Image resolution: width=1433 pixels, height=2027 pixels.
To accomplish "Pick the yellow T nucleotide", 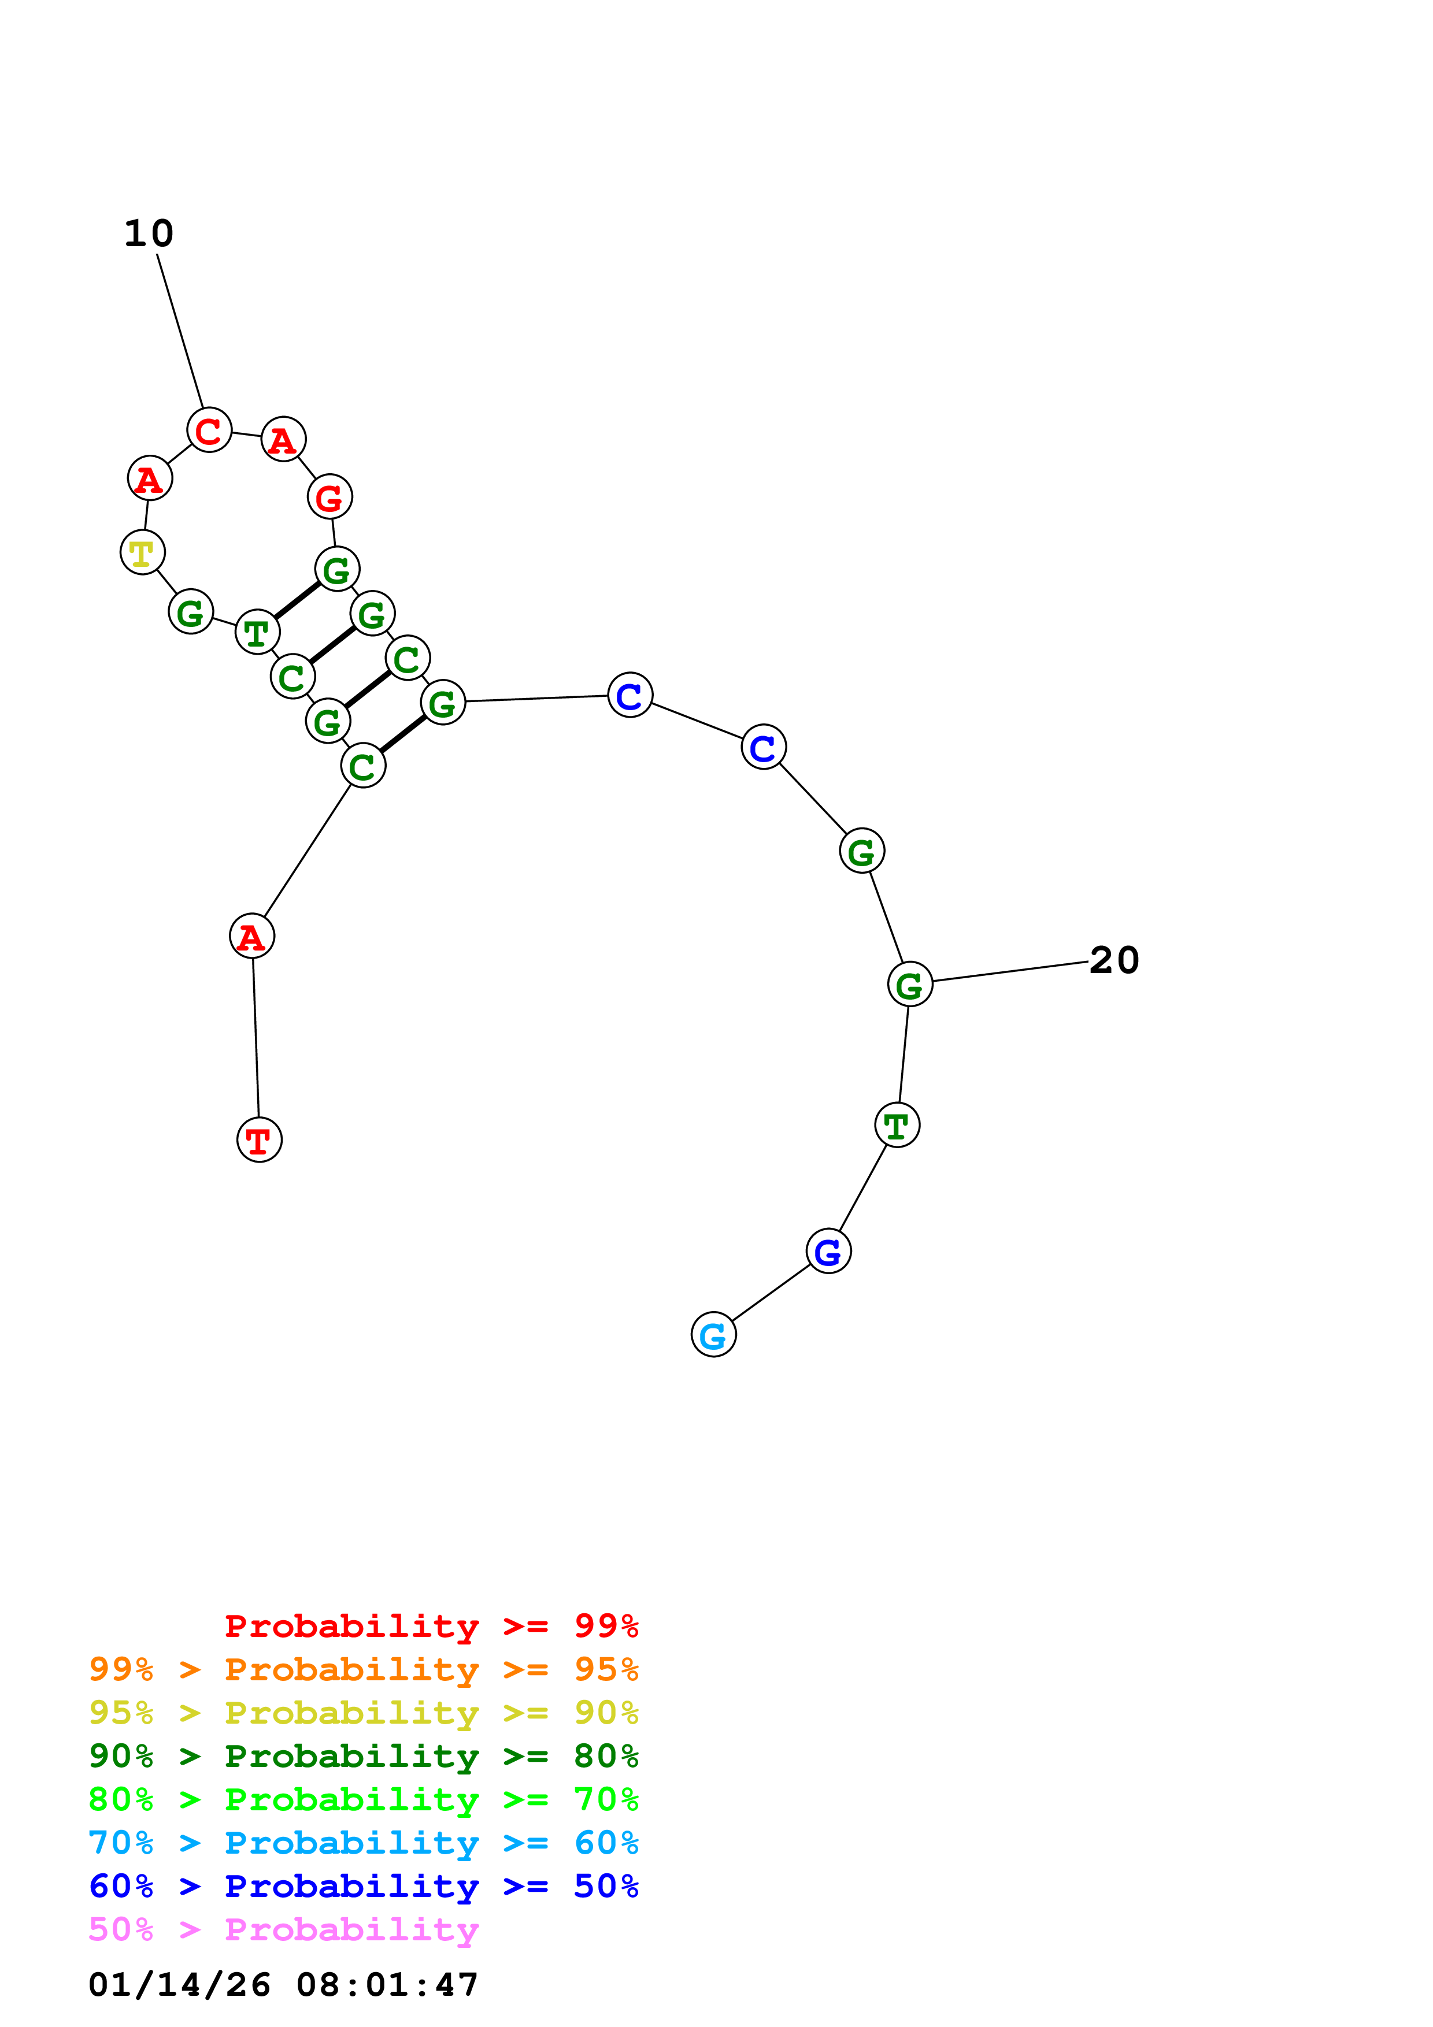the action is point(142,552).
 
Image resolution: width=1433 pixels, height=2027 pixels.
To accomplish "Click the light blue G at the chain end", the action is point(713,1335).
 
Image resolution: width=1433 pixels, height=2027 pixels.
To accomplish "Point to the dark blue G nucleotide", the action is point(828,1251).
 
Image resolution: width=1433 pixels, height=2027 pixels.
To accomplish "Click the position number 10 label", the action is point(149,233).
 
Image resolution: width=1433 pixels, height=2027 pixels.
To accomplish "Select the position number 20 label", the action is point(1114,960).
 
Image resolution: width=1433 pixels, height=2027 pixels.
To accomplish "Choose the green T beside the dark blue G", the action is point(897,1126).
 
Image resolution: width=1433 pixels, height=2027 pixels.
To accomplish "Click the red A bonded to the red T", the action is point(251,936).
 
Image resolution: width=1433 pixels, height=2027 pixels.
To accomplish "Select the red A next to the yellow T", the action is point(149,478).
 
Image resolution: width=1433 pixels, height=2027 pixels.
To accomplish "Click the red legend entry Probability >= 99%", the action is point(431,1626).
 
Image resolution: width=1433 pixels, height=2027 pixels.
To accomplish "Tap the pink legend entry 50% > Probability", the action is point(283,1929).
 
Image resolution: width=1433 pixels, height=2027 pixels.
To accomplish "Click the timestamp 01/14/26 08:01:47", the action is point(283,1985).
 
